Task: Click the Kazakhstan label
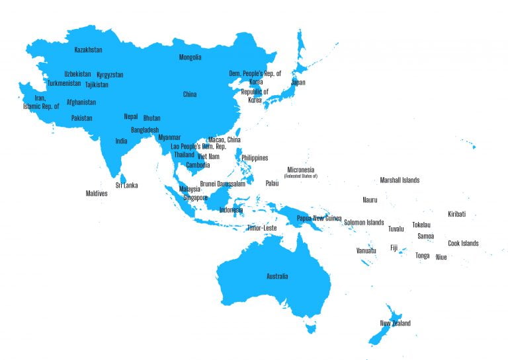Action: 88,50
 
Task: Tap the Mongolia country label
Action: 190,57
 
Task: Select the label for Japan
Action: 298,83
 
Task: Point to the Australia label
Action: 276,276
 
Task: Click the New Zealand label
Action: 395,323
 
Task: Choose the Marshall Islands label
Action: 399,180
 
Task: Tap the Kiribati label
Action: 456,214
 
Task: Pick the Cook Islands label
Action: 462,243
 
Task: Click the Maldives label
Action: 97,194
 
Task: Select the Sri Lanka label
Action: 126,186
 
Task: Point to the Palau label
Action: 272,184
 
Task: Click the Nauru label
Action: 370,199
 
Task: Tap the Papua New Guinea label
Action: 319,218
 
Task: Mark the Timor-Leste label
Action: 261,228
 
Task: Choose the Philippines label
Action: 255,158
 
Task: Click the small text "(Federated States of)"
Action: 300,176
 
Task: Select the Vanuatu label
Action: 366,250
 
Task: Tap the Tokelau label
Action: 421,225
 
